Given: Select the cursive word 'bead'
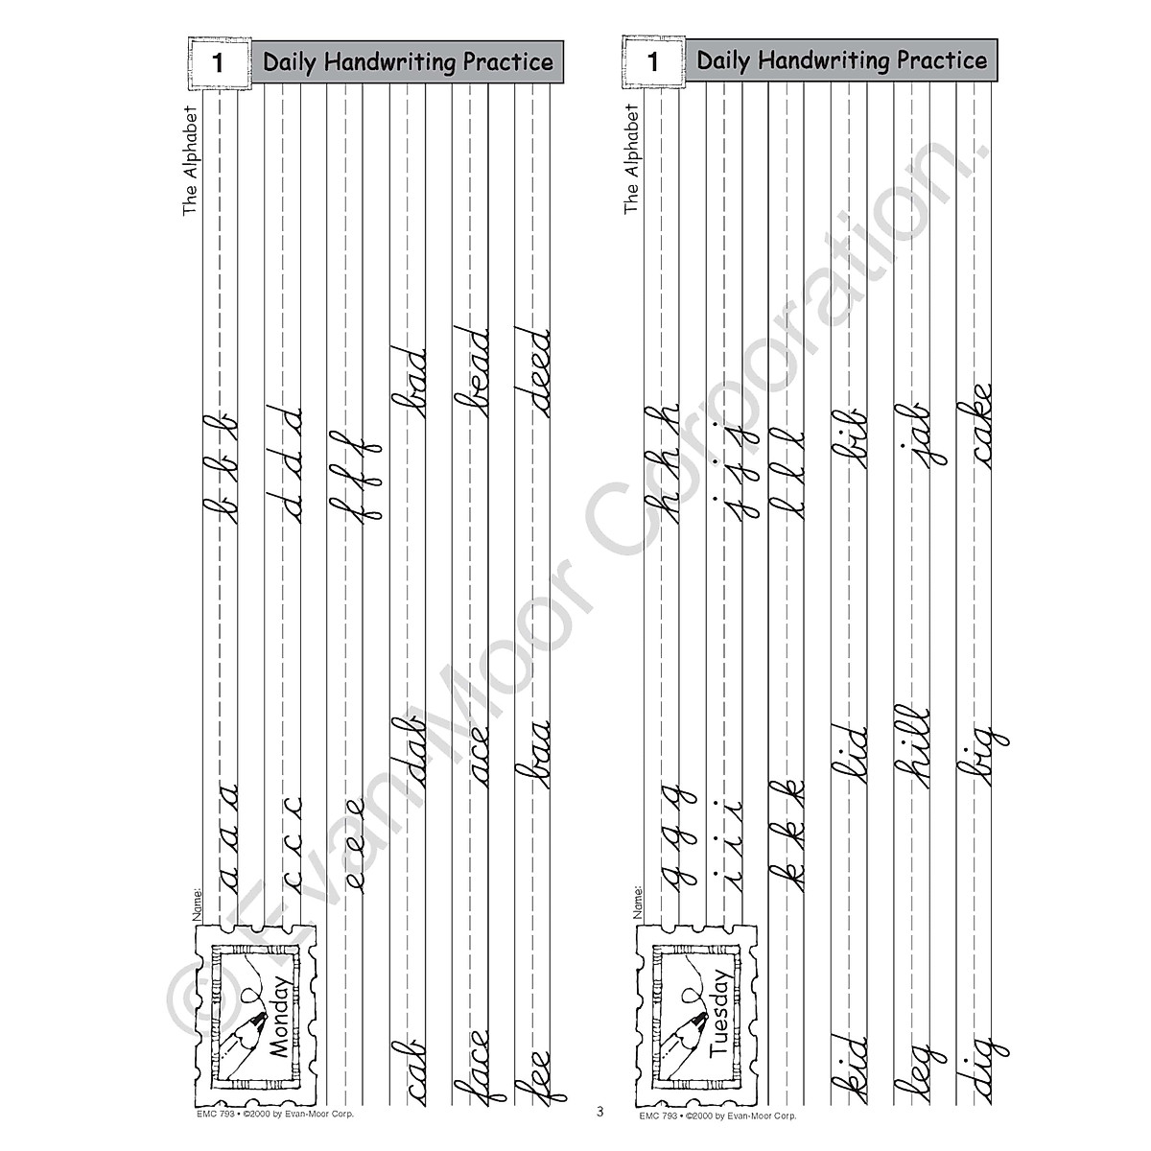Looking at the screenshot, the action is (472, 372).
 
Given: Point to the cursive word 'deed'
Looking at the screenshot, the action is (533, 372).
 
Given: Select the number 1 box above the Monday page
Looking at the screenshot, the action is (217, 63).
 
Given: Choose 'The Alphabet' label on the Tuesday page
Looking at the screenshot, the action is (630, 158).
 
